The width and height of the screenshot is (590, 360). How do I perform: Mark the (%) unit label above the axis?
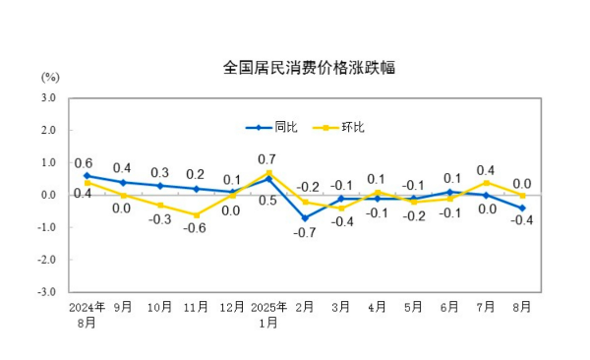(x=50, y=78)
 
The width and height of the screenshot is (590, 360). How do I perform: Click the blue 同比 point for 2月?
(x=305, y=217)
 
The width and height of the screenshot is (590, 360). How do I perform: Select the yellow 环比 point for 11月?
(x=196, y=214)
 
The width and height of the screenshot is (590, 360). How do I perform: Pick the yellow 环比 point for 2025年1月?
(x=268, y=173)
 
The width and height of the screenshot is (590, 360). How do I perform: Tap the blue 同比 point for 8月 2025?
(x=522, y=208)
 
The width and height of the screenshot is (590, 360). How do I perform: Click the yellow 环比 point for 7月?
(x=486, y=182)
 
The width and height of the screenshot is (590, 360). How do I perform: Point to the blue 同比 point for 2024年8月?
(x=87, y=175)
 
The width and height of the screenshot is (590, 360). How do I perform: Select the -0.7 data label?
(x=304, y=233)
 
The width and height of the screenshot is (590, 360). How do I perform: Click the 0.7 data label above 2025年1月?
(x=265, y=158)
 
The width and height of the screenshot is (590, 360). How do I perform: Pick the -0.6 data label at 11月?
(x=195, y=228)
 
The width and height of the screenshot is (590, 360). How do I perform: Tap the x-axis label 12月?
(x=232, y=307)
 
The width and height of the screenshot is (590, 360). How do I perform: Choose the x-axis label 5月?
(x=413, y=307)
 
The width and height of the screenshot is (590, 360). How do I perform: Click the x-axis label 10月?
(x=159, y=307)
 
